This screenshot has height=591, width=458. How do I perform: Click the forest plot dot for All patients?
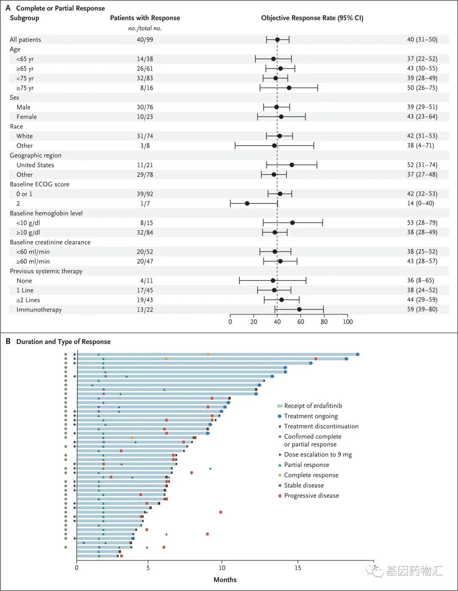click(x=277, y=39)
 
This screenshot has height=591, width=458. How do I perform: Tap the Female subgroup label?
click(x=27, y=117)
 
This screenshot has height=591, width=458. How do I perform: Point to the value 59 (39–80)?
click(x=422, y=309)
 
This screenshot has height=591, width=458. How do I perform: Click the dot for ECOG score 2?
click(x=247, y=203)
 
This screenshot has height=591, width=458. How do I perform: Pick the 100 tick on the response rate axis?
click(x=348, y=322)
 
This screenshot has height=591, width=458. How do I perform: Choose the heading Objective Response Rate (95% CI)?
click(x=312, y=18)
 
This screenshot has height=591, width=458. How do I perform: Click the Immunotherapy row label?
click(x=39, y=310)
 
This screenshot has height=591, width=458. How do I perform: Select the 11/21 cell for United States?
click(x=145, y=165)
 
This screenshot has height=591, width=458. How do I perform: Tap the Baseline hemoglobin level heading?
click(x=46, y=213)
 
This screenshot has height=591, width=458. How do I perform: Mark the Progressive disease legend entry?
click(x=311, y=496)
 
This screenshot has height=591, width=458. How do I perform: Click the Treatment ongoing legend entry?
click(x=311, y=416)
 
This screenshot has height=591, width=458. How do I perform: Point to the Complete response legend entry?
click(x=311, y=475)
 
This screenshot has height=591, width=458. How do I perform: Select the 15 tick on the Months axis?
click(x=298, y=568)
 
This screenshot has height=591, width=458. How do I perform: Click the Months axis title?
click(x=225, y=580)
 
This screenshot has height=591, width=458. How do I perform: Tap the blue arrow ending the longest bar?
click(x=358, y=354)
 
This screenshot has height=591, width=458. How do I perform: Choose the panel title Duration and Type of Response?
click(x=63, y=341)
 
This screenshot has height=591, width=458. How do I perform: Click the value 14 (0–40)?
click(x=422, y=203)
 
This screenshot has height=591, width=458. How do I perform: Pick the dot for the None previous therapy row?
click(x=273, y=280)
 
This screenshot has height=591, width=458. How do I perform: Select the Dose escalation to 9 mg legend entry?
click(x=318, y=455)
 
